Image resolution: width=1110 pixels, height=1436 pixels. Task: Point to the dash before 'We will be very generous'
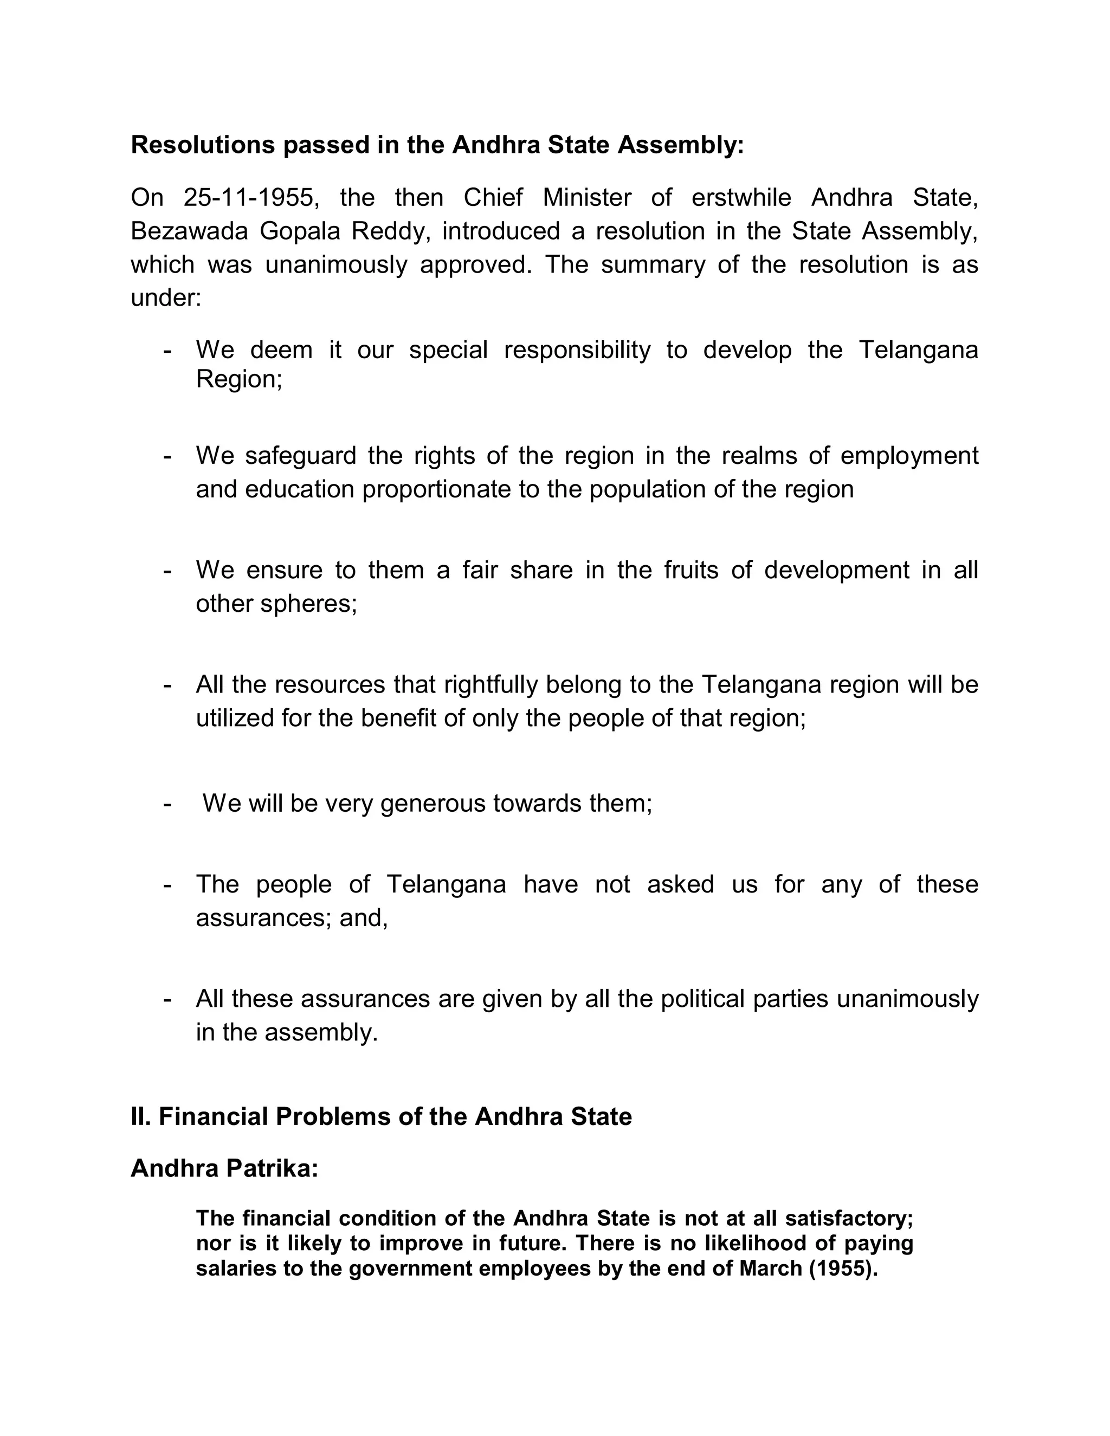tap(167, 804)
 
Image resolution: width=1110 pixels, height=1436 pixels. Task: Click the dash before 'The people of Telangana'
tap(167, 884)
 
